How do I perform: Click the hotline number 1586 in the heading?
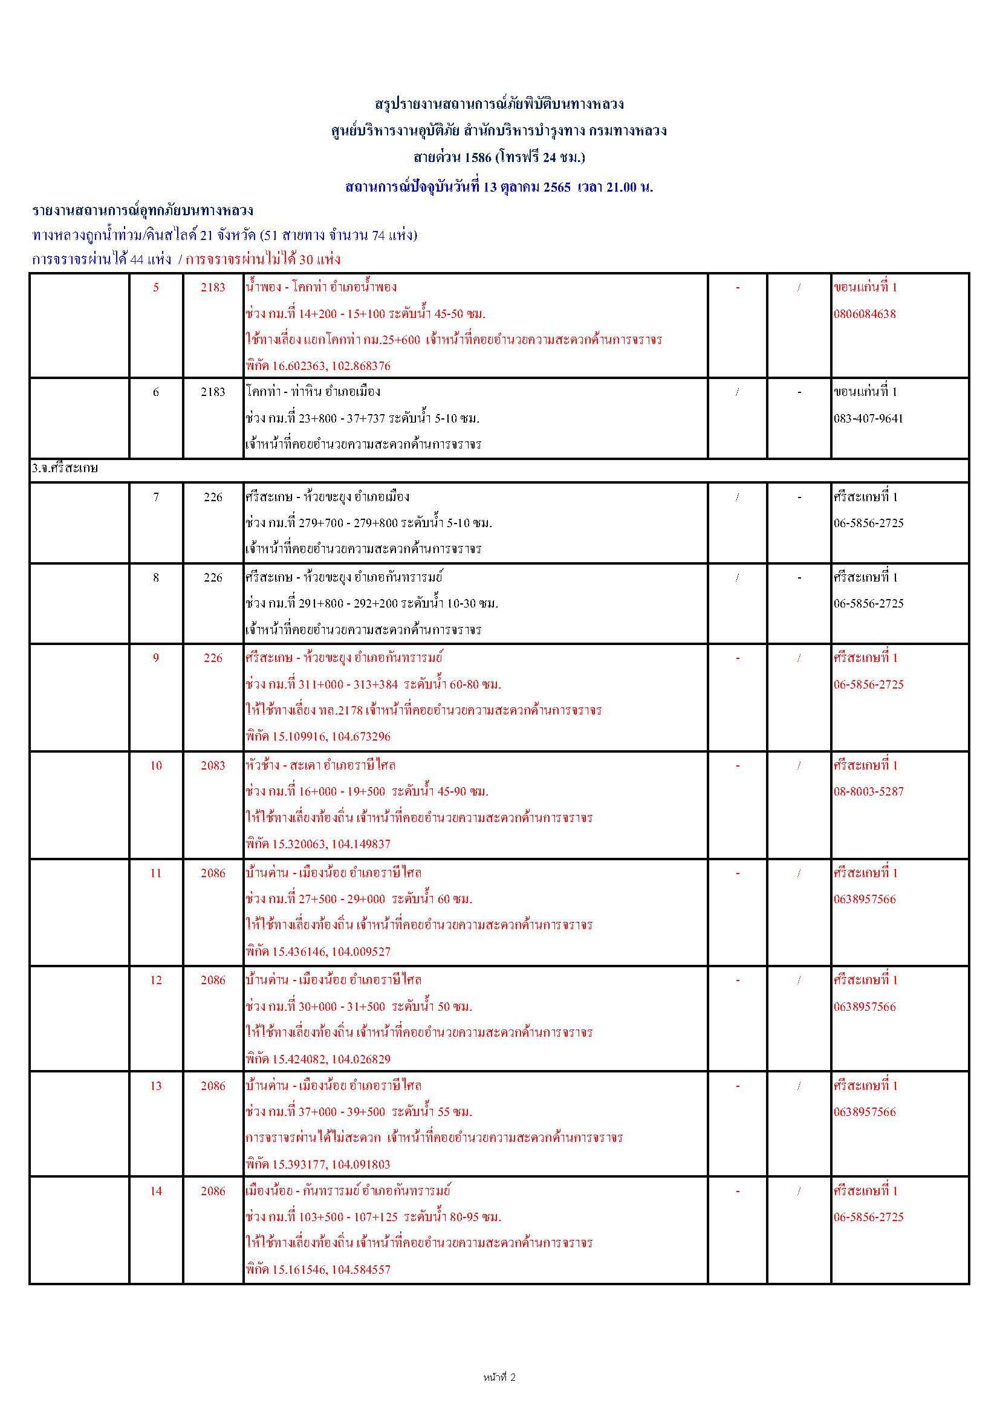click(478, 158)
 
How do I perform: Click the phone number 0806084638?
click(865, 314)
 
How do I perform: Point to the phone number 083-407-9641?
click(868, 419)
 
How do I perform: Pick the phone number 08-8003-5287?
click(868, 791)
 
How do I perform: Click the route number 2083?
click(213, 765)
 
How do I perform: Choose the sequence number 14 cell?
click(156, 1191)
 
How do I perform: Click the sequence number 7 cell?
click(156, 497)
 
